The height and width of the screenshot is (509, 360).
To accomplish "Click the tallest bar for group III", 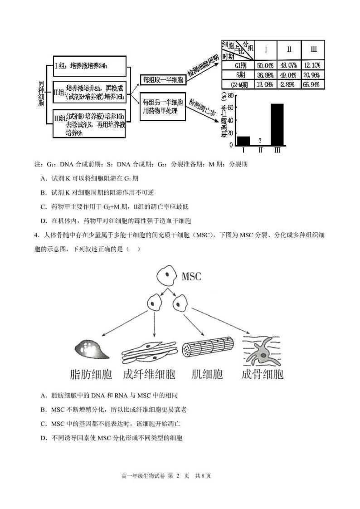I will (x=277, y=124).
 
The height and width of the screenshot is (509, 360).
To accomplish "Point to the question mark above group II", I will (x=260, y=141).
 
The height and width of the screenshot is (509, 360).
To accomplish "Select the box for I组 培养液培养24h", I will (x=88, y=66).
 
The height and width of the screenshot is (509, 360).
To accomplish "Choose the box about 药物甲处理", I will (x=163, y=107).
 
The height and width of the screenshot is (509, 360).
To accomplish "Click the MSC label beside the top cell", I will (x=191, y=276).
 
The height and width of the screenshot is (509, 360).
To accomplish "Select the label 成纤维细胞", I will (x=149, y=374).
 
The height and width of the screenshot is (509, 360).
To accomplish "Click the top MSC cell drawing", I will (x=166, y=276).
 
